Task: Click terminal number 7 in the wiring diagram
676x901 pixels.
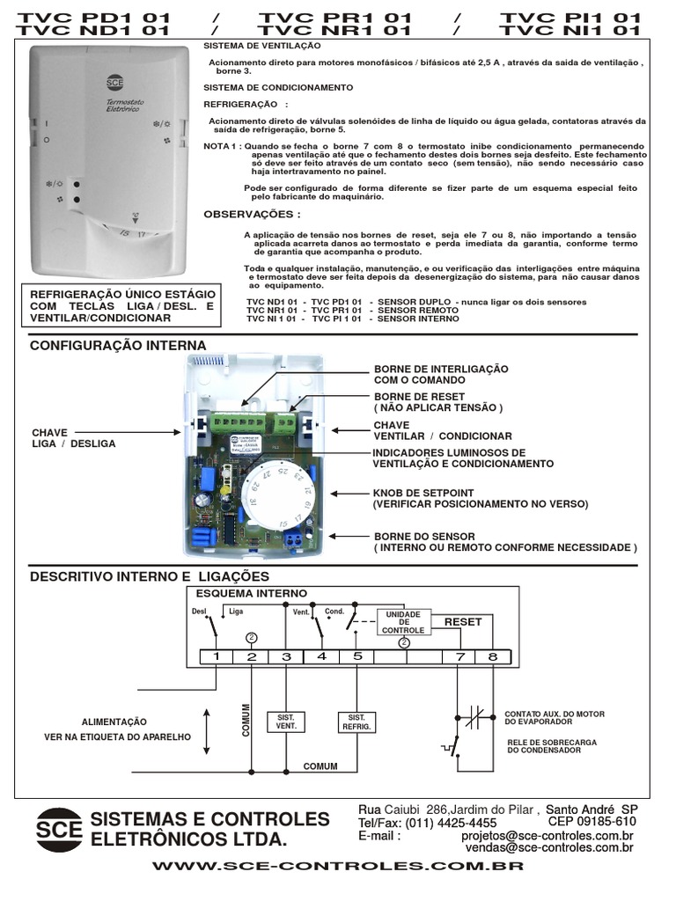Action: pos(459,656)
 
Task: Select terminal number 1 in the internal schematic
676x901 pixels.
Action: pos(216,656)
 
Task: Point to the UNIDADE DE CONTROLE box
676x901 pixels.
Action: pos(404,622)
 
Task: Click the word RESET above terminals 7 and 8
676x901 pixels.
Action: pos(462,621)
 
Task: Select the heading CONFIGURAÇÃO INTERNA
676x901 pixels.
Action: pos(118,346)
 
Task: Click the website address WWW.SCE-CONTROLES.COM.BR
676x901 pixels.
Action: pos(338,866)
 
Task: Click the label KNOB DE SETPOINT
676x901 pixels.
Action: pos(424,493)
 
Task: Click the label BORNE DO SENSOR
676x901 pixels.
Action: pos(424,536)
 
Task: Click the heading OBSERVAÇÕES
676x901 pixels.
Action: pos(252,214)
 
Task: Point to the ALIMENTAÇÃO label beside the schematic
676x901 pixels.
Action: pos(114,721)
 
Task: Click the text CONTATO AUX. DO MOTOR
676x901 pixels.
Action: pos(555,714)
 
